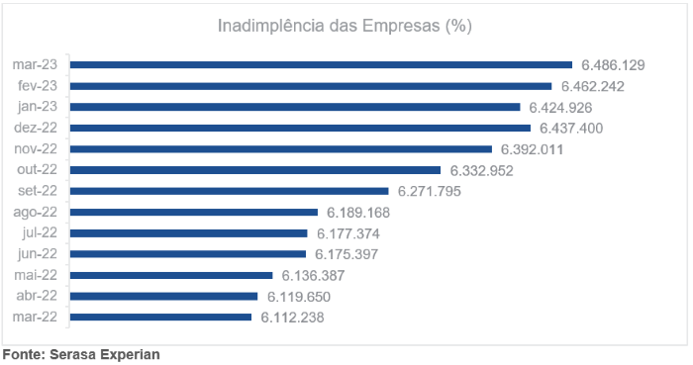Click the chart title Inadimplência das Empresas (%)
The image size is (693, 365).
(345, 26)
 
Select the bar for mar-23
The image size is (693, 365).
(321, 64)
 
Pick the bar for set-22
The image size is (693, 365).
(229, 191)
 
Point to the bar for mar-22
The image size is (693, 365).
(160, 317)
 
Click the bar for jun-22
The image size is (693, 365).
(187, 254)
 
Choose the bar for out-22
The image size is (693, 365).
(254, 170)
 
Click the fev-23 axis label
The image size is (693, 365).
(39, 86)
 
